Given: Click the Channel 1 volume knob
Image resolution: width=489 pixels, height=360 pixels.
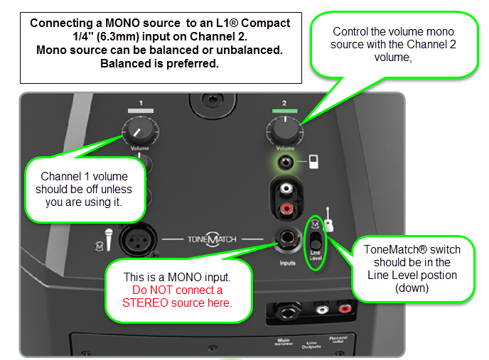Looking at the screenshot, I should click(x=141, y=130).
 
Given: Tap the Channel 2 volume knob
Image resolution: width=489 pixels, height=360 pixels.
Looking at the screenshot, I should click(x=284, y=129).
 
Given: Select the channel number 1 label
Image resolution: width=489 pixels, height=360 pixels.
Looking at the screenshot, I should click(x=141, y=103).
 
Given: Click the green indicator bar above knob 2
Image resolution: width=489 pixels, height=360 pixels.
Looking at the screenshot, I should click(x=284, y=111).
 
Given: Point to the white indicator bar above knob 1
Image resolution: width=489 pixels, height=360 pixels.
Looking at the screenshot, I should click(x=141, y=111).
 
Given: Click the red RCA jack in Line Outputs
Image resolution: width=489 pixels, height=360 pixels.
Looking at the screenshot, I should click(x=345, y=309).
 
